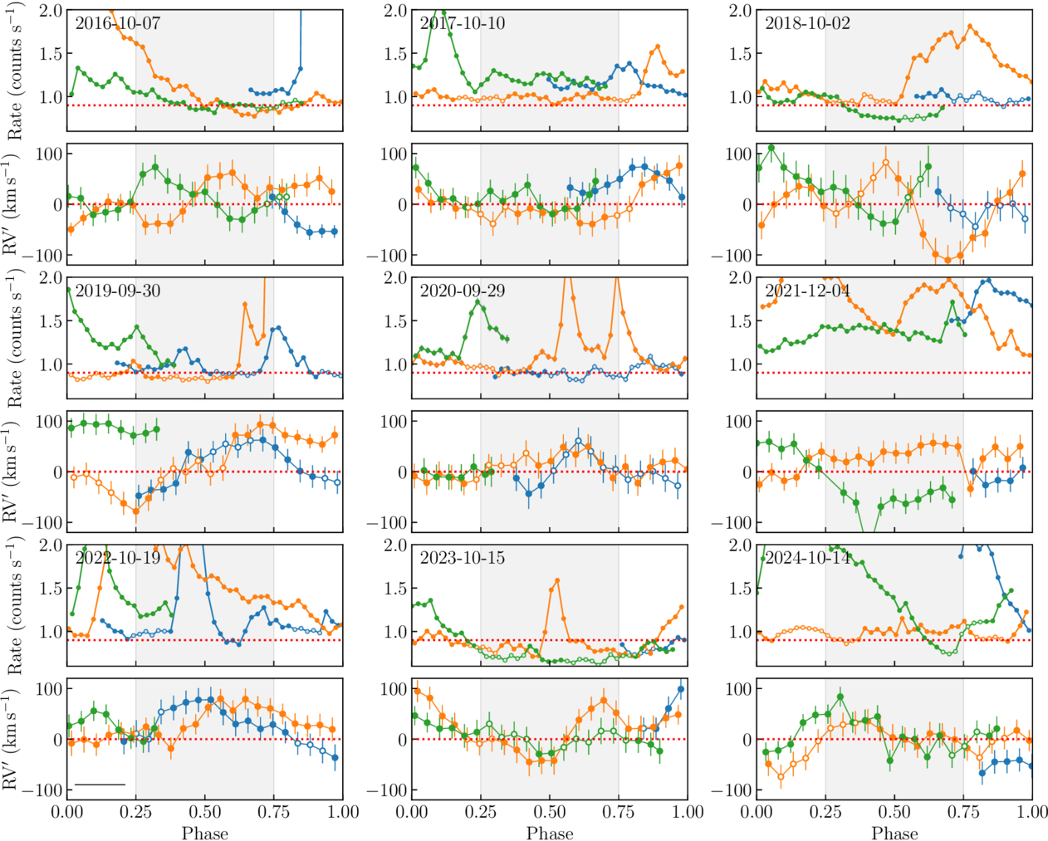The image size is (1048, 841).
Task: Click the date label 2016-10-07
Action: (x=118, y=23)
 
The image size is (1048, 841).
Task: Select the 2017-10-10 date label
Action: (x=463, y=23)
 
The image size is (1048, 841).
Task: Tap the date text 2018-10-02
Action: (x=808, y=23)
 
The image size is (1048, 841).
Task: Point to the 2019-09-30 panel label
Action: (x=118, y=291)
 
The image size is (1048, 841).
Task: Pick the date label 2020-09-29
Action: (x=463, y=291)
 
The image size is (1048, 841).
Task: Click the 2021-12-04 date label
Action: (x=808, y=291)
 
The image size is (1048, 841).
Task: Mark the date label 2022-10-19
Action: (x=118, y=558)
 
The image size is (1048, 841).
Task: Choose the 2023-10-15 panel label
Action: (x=463, y=558)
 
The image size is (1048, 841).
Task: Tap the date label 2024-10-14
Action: (x=808, y=558)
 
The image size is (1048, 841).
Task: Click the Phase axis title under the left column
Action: (x=205, y=832)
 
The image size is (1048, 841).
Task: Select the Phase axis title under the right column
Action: (x=894, y=832)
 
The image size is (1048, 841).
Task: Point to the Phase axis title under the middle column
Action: (x=550, y=832)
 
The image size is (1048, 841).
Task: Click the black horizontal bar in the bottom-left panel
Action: (x=100, y=784)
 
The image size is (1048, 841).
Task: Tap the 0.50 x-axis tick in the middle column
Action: (x=550, y=811)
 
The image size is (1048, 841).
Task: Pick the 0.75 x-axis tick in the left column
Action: (x=274, y=811)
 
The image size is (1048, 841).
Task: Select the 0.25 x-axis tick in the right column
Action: (x=825, y=811)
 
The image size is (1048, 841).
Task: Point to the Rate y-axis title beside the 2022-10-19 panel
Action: (x=16, y=605)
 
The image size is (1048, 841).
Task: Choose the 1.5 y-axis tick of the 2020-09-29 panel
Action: (x=395, y=321)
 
